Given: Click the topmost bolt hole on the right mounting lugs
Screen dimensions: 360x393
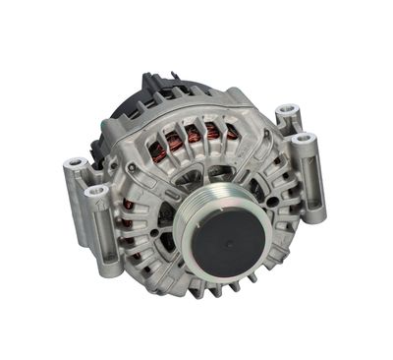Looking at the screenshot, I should click(286, 109).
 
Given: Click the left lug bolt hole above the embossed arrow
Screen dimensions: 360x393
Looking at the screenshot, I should click(96, 188).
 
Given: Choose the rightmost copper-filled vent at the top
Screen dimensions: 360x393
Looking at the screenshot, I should click(230, 131).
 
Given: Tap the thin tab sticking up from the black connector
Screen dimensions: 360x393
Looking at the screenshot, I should click(146, 75).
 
